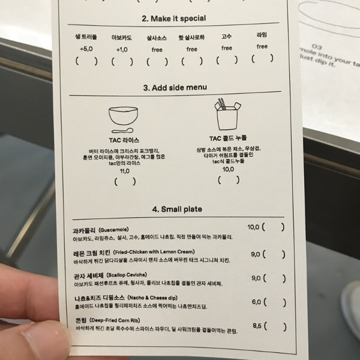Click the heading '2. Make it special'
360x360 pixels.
click(173, 19)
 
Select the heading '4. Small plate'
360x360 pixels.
click(177, 209)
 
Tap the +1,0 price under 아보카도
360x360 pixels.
click(122, 49)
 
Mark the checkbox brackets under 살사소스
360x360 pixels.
click(157, 61)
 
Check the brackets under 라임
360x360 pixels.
click(262, 58)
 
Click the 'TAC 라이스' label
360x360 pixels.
click(124, 139)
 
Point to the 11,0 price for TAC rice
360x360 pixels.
click(125, 170)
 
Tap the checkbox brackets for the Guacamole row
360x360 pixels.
click(273, 227)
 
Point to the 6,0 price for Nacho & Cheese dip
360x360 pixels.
click(256, 302)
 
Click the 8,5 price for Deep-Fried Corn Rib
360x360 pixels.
click(259, 326)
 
